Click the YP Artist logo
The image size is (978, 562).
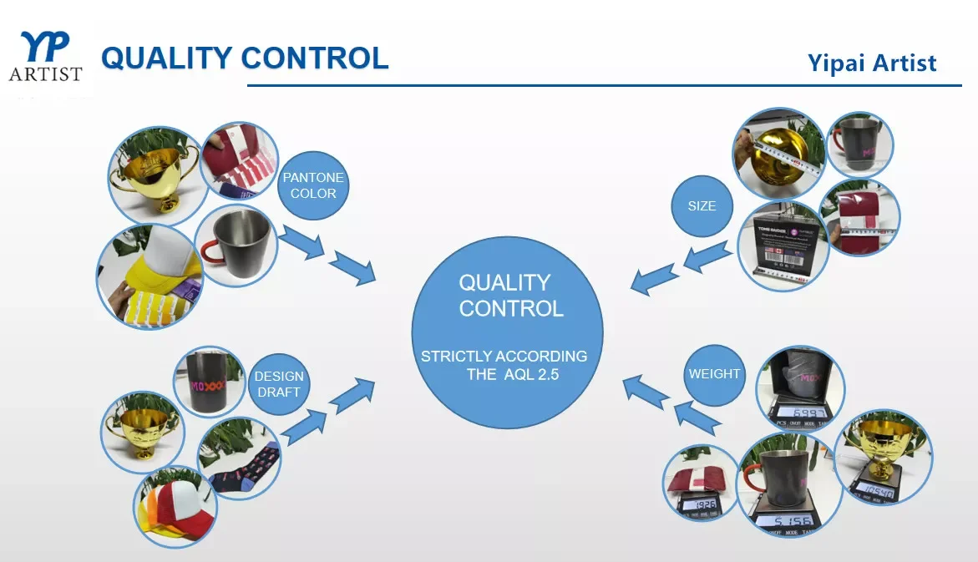pos(45,57)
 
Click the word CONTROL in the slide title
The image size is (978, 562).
pos(315,58)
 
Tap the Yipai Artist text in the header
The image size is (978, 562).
pos(872,63)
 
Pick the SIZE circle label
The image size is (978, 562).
pos(702,205)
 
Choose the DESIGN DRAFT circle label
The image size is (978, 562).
pos(278,384)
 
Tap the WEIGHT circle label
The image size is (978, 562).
pos(714,374)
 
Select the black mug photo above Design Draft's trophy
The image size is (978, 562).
pos(206,382)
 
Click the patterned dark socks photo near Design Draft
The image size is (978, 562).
pos(238,457)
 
